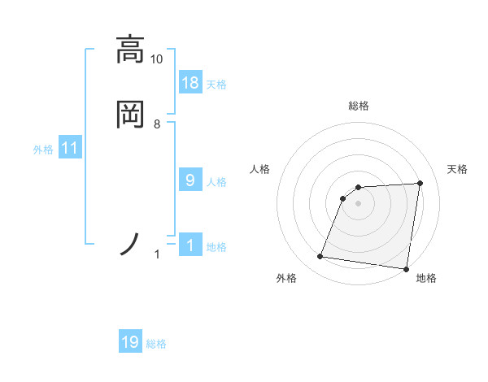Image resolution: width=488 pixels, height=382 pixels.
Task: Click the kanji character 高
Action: point(131,50)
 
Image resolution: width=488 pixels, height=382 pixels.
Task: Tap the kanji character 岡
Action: point(131,113)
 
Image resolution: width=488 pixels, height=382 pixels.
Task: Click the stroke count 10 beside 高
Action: point(157,59)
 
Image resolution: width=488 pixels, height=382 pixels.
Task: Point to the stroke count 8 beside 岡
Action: point(157,124)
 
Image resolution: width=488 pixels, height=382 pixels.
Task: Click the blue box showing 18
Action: point(190,82)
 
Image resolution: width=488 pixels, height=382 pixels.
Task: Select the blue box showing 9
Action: point(190,180)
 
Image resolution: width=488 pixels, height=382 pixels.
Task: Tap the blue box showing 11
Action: point(70,148)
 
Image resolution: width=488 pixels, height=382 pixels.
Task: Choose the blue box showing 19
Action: point(130,342)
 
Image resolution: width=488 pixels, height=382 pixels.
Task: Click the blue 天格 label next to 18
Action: point(216,84)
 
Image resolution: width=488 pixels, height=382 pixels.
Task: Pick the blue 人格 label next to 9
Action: point(216,182)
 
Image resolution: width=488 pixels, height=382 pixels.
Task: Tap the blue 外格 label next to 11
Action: point(43,150)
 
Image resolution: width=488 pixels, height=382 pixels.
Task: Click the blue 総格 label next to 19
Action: point(156,344)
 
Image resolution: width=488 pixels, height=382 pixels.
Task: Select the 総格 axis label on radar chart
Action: point(359,106)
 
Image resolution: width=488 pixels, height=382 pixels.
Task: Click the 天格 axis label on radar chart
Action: point(457,169)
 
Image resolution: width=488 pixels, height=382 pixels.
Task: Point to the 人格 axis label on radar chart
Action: point(260,169)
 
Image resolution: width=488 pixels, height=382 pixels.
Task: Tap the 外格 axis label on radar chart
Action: point(286,279)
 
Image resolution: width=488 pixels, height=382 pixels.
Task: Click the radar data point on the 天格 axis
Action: point(420,183)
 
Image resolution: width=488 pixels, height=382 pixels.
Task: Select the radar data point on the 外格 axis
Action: point(320,257)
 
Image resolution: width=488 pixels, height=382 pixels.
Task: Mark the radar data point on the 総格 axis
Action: point(359,187)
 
